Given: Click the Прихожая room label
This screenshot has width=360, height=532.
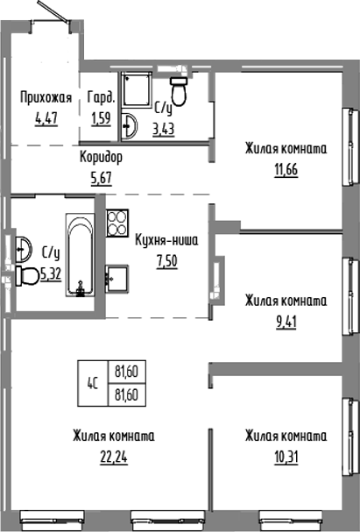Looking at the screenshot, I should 45,97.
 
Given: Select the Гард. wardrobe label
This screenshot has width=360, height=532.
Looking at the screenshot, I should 100,97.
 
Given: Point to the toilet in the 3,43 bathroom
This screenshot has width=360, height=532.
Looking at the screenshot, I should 180,89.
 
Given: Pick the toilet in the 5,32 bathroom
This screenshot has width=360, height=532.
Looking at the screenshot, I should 26,277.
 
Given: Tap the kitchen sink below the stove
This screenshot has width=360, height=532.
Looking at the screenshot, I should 117,277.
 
